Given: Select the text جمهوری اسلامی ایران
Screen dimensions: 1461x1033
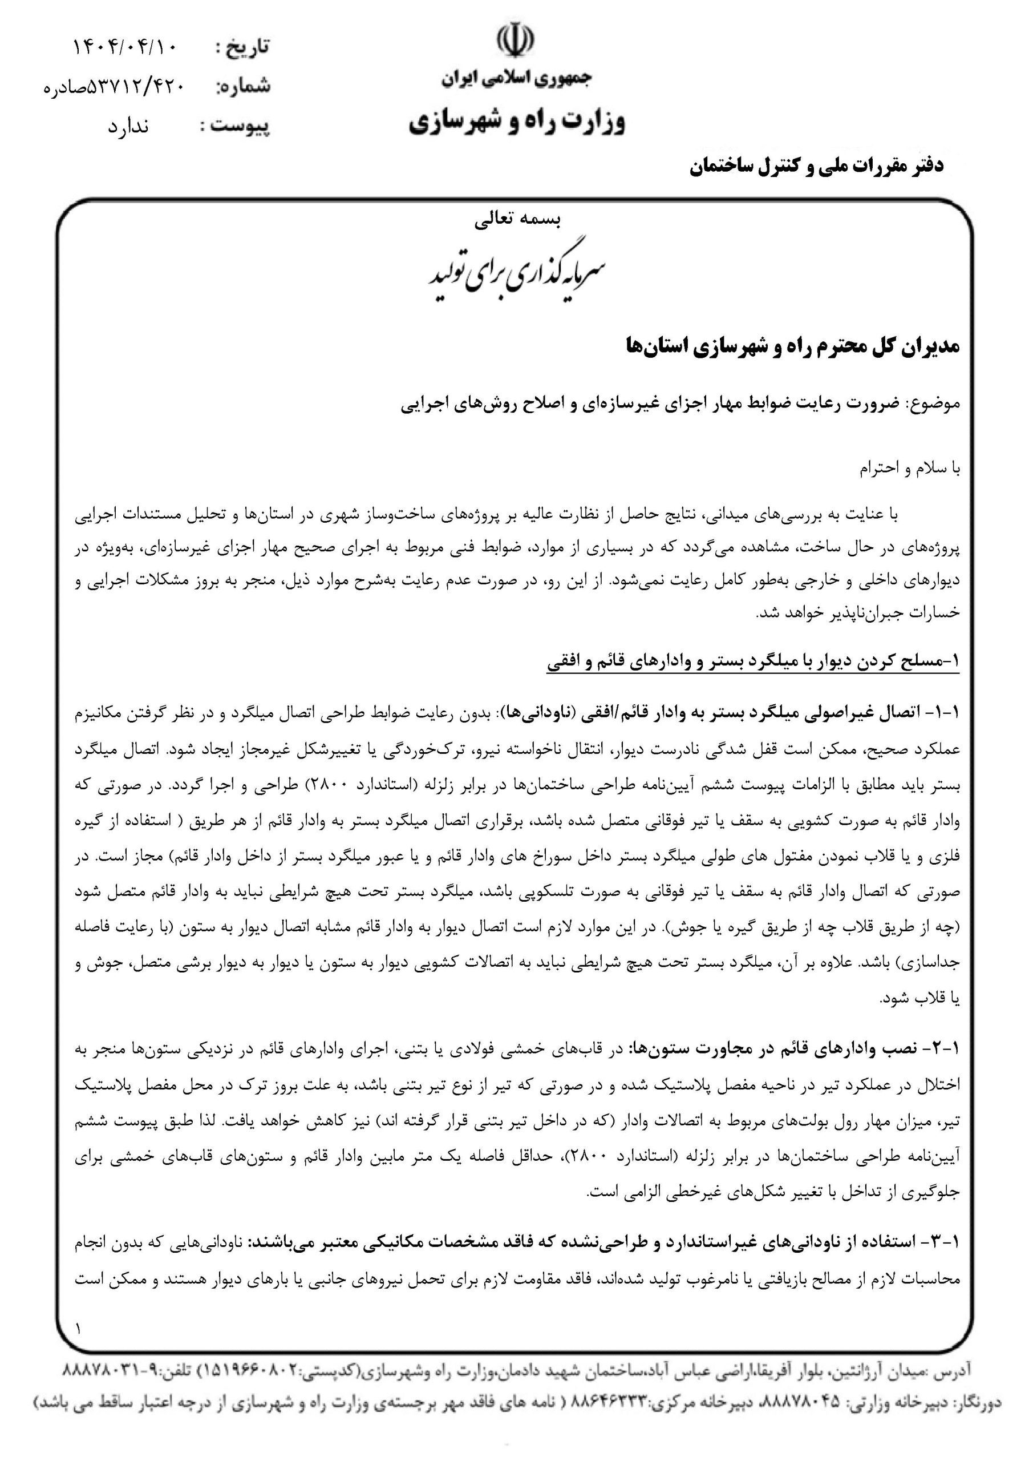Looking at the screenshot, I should [516, 79].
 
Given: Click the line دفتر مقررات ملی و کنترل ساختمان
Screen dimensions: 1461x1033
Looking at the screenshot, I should [817, 167].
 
